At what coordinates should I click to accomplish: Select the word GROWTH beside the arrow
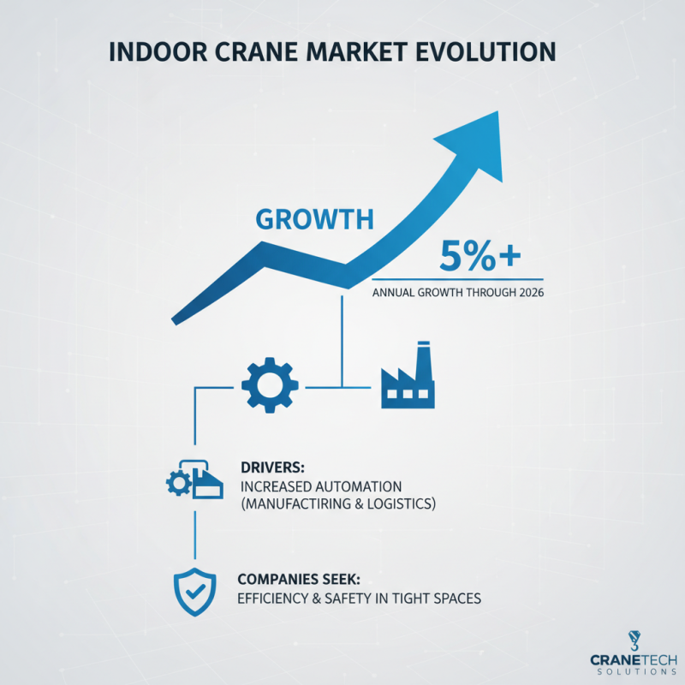click(x=315, y=219)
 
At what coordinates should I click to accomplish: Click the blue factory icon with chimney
click(x=408, y=377)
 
